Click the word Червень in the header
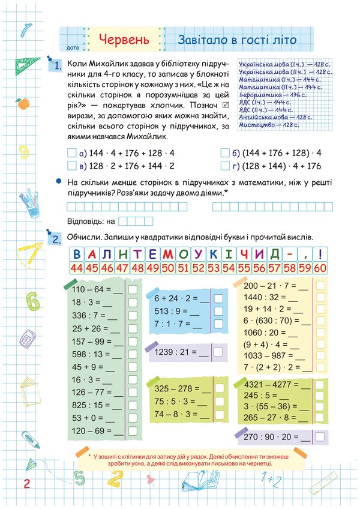pos(124,40)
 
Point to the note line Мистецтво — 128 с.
pos(269,125)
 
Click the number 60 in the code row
pos(320,268)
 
